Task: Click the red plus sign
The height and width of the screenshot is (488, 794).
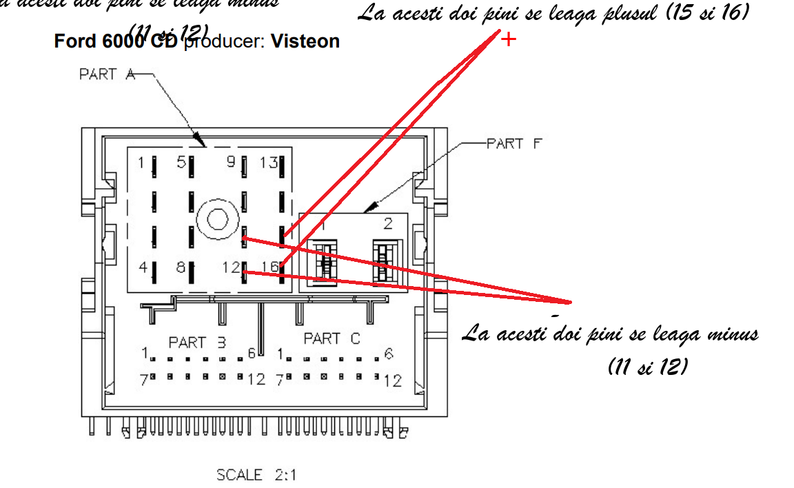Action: click(x=509, y=39)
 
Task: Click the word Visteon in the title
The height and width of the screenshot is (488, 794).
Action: click(x=305, y=41)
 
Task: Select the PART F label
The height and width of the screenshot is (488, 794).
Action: click(x=513, y=143)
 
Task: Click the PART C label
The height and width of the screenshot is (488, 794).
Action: click(x=332, y=339)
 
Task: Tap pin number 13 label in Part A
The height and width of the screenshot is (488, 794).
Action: click(x=268, y=163)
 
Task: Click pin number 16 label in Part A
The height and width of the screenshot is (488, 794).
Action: click(x=269, y=267)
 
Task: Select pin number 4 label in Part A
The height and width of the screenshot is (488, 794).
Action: click(x=143, y=267)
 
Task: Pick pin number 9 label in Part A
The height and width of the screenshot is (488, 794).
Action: click(x=231, y=163)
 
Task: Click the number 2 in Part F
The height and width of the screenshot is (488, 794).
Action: click(x=387, y=223)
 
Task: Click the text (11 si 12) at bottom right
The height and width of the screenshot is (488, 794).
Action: click(x=648, y=367)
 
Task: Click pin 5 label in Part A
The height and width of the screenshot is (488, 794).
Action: click(x=181, y=163)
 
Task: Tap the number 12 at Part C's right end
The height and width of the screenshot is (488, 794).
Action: click(x=393, y=380)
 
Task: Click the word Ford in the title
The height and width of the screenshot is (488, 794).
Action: click(x=74, y=41)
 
